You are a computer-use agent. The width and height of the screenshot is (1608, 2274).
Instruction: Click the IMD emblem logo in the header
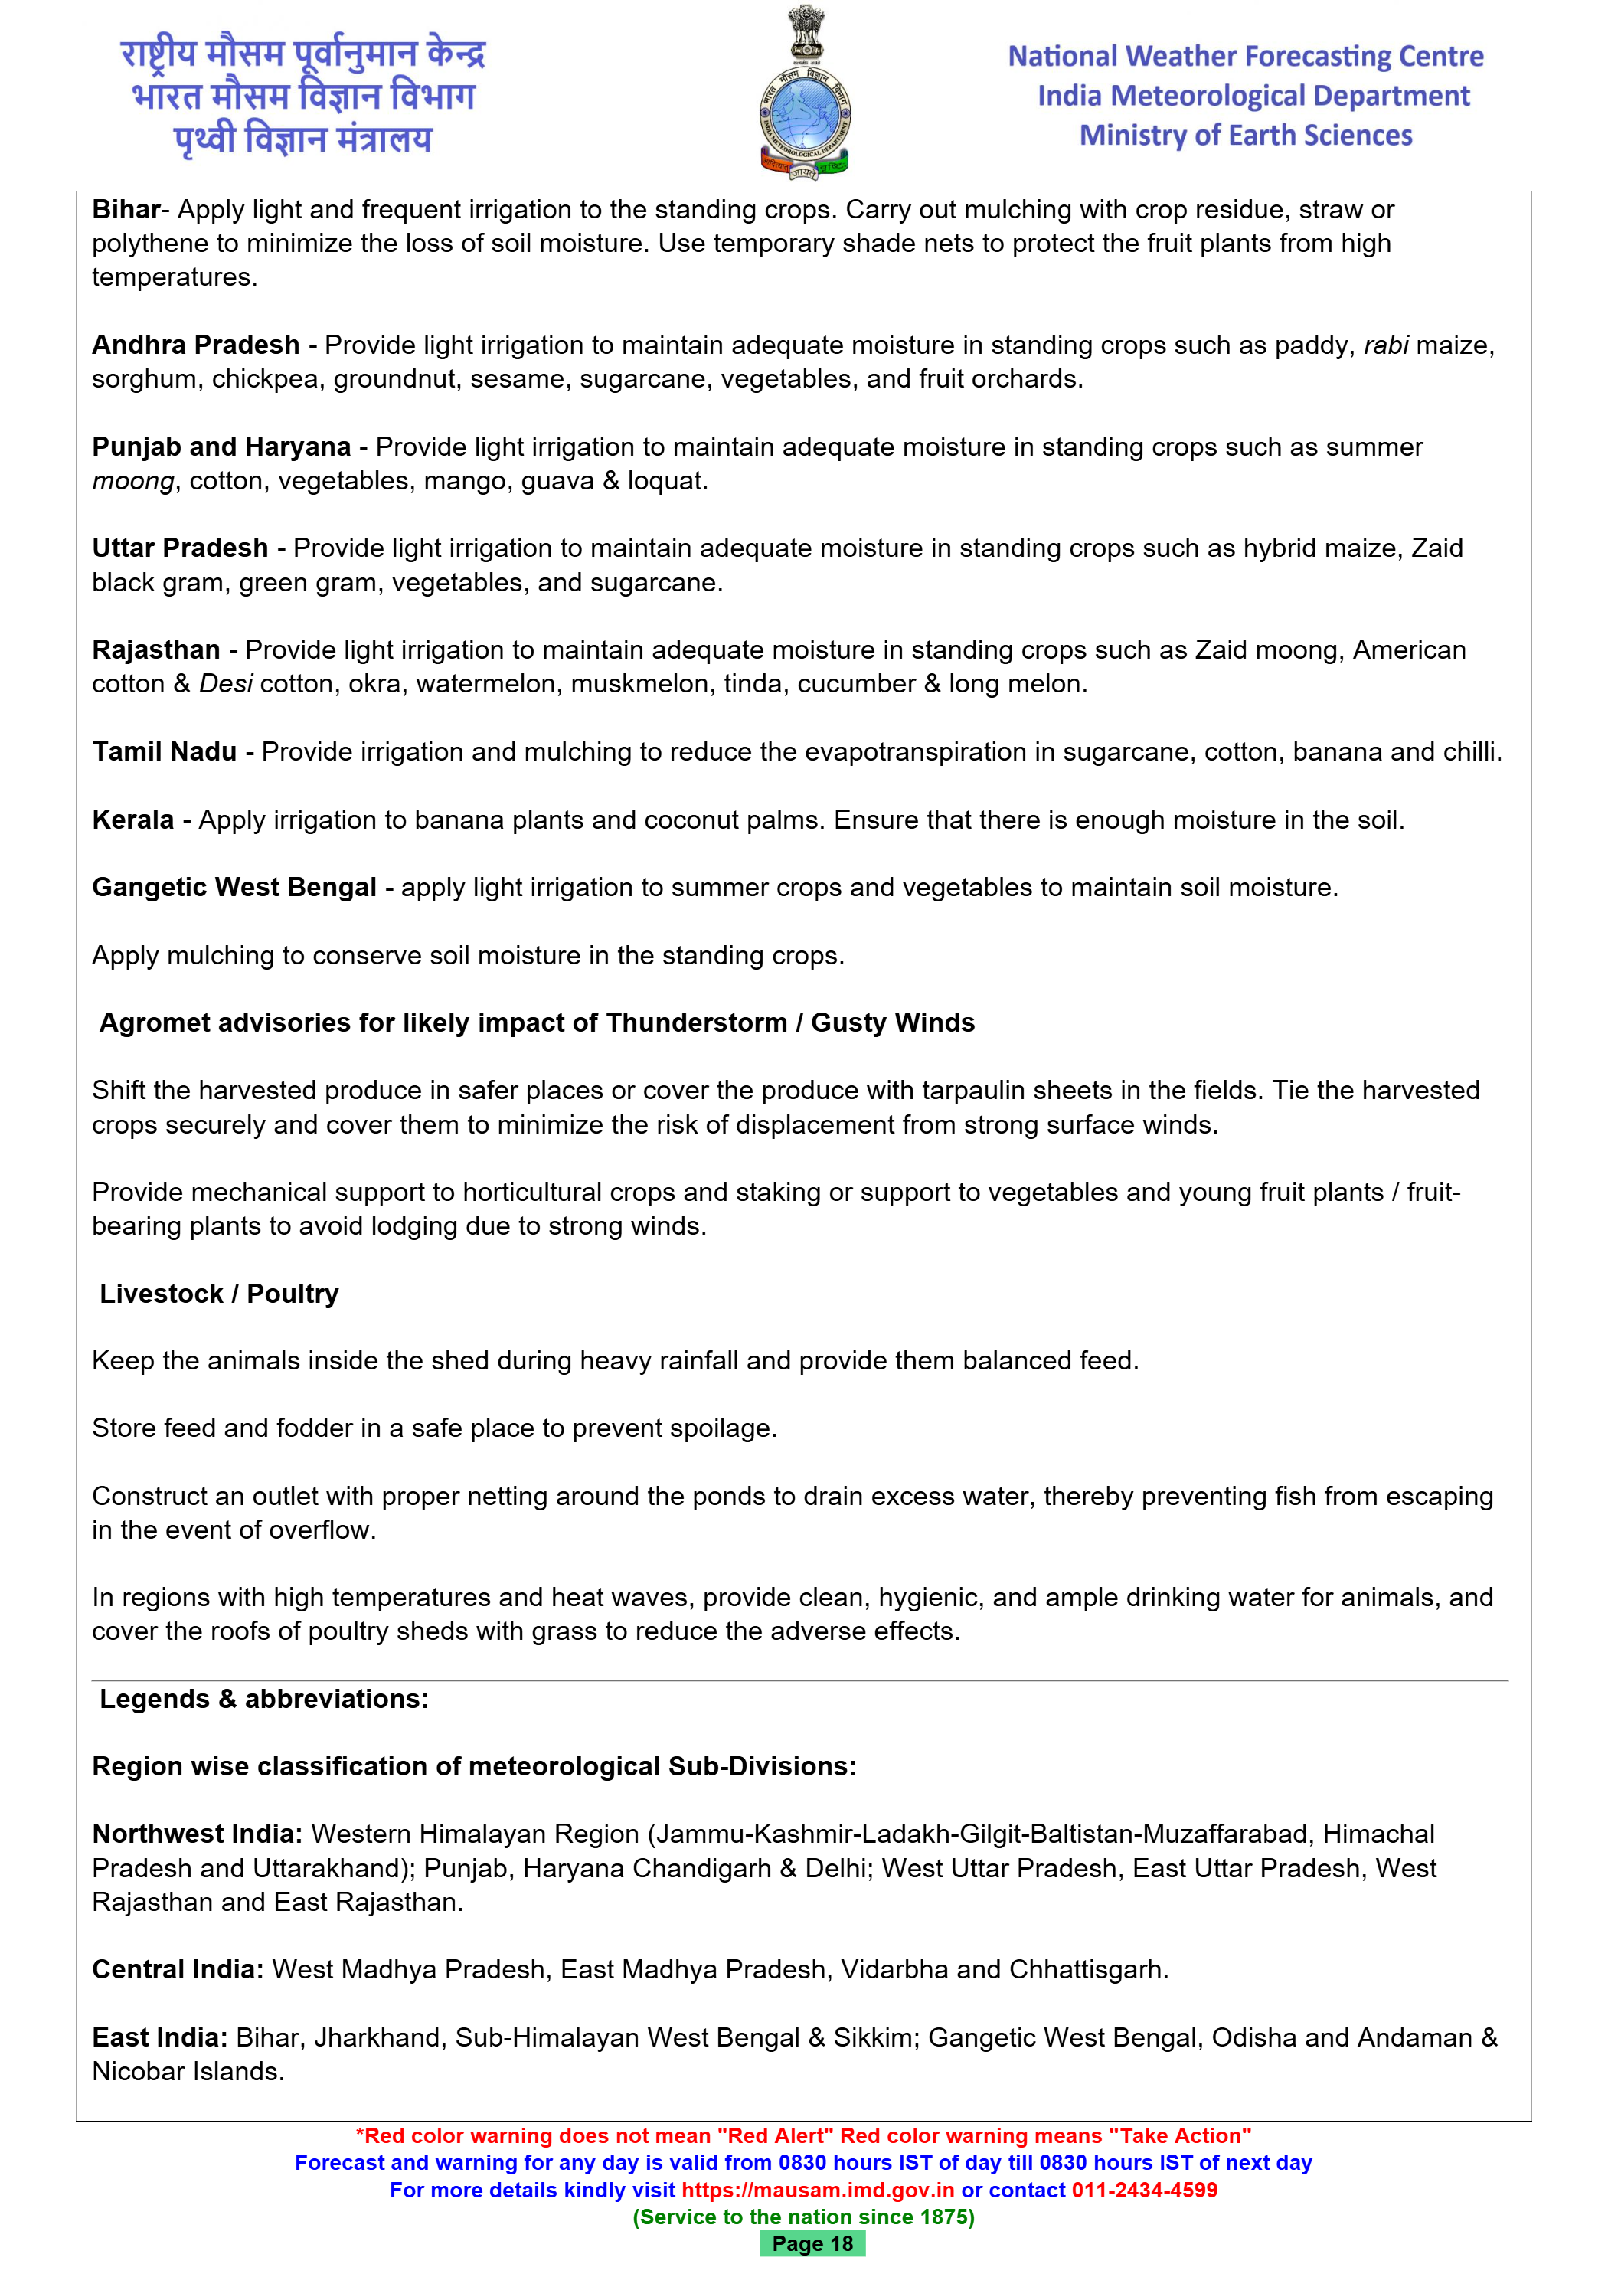805,94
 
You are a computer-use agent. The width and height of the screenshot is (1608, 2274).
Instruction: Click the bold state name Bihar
126,210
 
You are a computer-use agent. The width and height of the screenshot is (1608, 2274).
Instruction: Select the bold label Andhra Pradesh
196,345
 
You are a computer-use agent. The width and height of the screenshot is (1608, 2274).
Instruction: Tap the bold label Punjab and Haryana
221,447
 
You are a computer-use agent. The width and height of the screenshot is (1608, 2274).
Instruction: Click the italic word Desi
226,683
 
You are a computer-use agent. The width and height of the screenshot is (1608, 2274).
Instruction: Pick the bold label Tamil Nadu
165,751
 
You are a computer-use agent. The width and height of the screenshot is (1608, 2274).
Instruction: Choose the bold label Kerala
132,820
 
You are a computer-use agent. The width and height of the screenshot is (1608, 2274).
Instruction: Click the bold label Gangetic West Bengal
234,888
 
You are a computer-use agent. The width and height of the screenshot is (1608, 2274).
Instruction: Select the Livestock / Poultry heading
219,1294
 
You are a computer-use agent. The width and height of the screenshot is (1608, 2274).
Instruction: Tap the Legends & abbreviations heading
263,1699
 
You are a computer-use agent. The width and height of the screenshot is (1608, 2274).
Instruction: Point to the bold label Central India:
177,1969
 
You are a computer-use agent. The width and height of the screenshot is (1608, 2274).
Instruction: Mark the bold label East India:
159,2037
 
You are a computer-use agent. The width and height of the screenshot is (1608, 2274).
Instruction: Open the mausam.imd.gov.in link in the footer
818,2190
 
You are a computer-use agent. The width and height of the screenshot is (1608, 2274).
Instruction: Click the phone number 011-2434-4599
1144,2190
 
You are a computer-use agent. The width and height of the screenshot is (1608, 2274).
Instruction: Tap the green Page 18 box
812,2243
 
